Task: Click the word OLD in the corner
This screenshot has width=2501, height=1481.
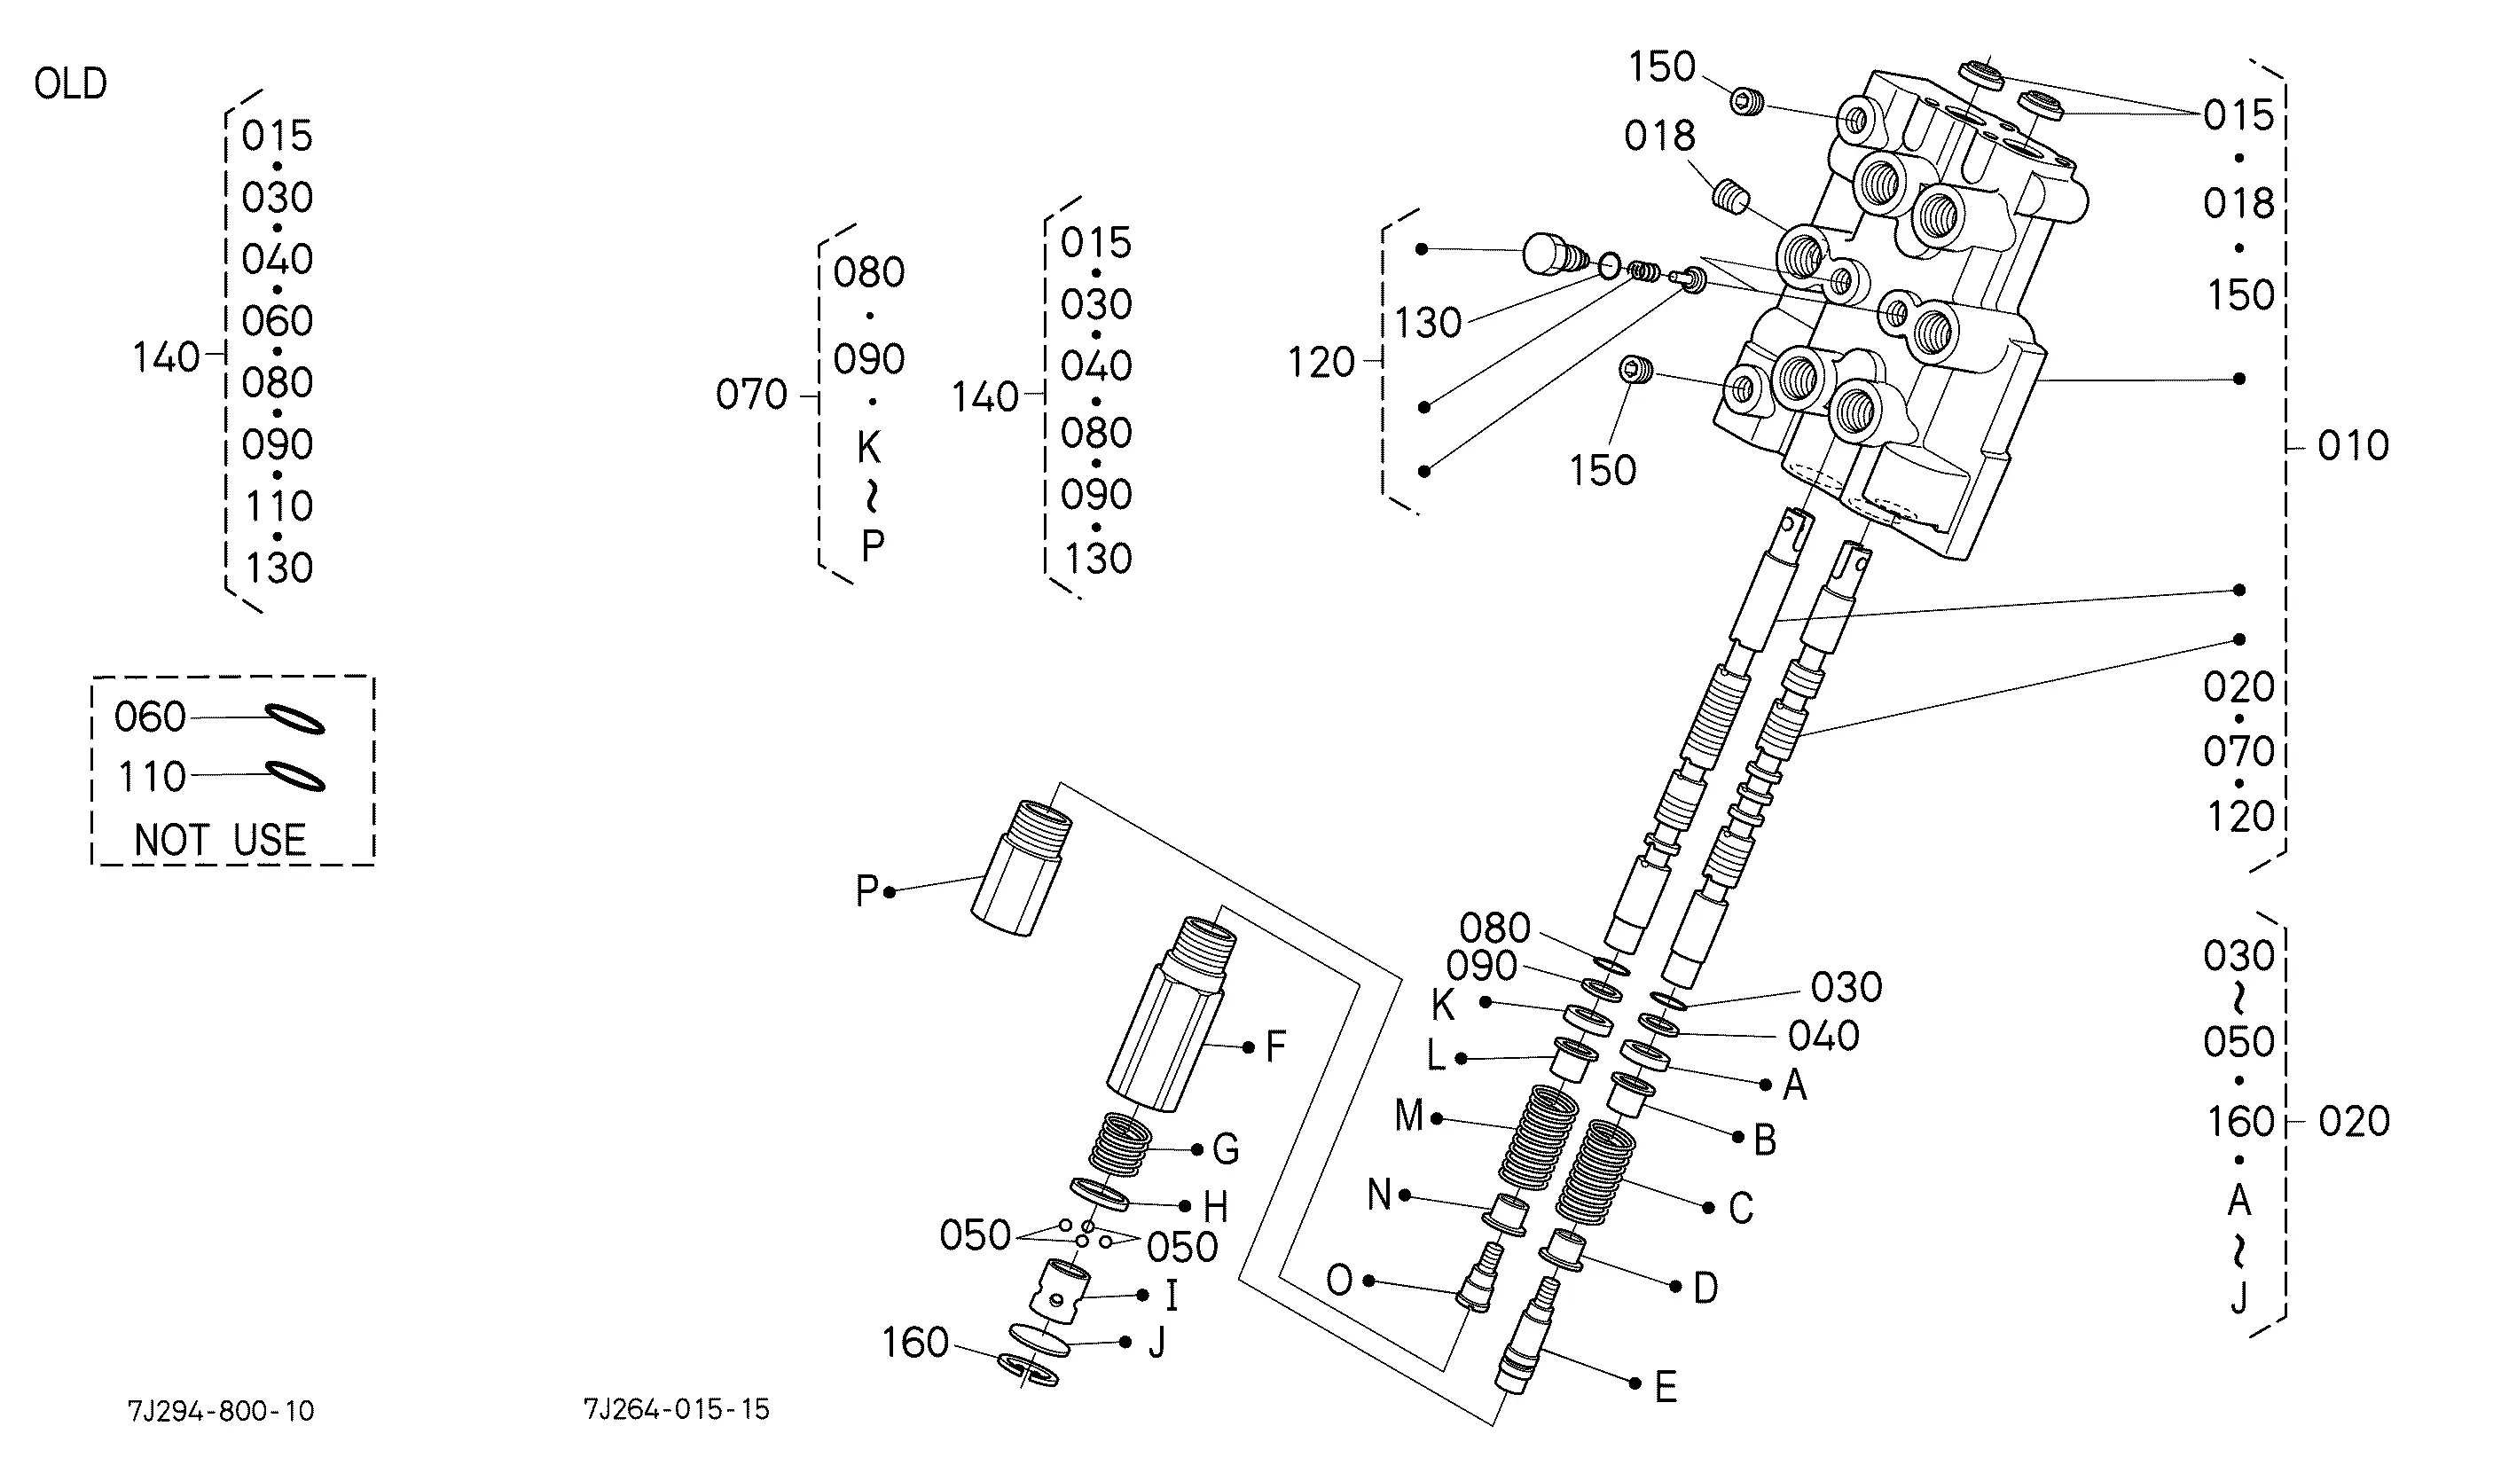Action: (x=70, y=84)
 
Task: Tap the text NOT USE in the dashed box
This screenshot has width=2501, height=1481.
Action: (x=220, y=841)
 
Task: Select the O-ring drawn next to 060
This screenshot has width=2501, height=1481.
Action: (x=294, y=719)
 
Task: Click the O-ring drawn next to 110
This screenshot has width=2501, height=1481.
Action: (x=294, y=778)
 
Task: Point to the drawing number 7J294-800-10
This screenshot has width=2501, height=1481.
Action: (x=221, y=1411)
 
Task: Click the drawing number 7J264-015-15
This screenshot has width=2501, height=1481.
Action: (x=677, y=1409)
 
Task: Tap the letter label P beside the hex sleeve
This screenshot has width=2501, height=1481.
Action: (x=866, y=891)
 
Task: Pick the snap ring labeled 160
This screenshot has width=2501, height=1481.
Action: (x=1029, y=1370)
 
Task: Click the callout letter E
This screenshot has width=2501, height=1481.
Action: (x=1666, y=1387)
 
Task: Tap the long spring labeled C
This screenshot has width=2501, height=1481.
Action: (x=1595, y=1171)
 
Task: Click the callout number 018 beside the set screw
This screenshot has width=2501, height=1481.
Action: (x=1658, y=136)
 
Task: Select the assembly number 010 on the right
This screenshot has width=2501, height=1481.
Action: (x=2353, y=446)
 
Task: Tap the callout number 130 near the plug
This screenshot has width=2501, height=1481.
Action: (x=1427, y=324)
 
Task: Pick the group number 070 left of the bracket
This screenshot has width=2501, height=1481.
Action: (x=751, y=396)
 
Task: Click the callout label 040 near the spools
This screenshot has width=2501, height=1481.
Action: (x=1823, y=1036)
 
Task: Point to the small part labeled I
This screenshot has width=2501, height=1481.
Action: (x=1059, y=1291)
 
